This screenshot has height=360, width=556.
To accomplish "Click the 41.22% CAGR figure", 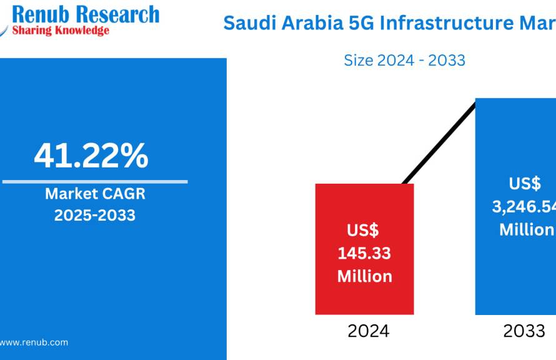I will [x=91, y=156].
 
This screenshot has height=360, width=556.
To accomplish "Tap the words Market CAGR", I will [x=95, y=194].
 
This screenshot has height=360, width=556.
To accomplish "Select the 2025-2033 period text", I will [x=95, y=216].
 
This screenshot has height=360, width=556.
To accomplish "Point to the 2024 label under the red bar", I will [x=369, y=331].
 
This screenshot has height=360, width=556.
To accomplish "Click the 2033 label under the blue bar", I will [x=524, y=331].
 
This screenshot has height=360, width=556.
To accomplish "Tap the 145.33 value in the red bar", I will [x=365, y=253].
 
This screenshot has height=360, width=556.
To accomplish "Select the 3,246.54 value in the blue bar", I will [x=525, y=207].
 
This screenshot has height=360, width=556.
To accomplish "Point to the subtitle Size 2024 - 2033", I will [x=405, y=60].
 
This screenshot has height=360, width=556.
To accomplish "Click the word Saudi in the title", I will [x=246, y=24].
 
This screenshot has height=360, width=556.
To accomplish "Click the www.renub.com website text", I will [x=34, y=342].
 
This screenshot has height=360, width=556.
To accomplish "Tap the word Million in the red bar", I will [x=365, y=276].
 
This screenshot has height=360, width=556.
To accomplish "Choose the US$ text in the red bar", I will [x=364, y=230].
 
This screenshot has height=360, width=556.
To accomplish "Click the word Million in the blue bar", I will [x=527, y=229].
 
